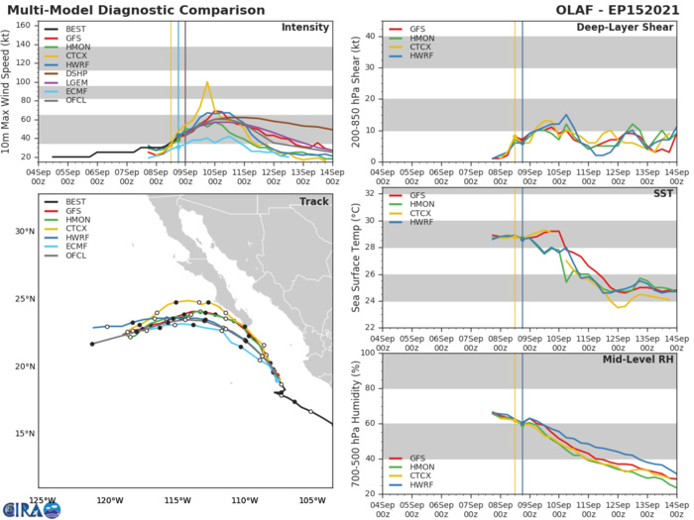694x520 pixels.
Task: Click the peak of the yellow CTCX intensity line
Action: point(207,83)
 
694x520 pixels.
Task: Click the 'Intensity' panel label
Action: point(305,27)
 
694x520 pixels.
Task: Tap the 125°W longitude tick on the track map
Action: point(42,499)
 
